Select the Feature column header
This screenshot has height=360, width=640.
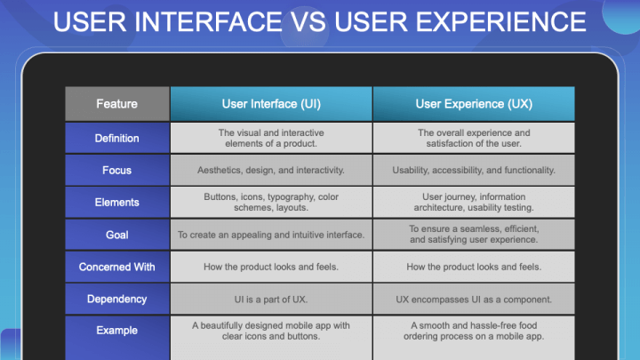click(x=116, y=104)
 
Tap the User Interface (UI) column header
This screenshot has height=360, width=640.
click(x=270, y=104)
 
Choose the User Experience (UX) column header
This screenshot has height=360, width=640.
click(x=473, y=104)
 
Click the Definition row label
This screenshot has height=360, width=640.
click(x=116, y=138)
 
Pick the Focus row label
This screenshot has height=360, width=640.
click(x=116, y=170)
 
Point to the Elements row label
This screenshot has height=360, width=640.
click(x=116, y=202)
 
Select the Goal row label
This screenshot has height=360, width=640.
click(x=116, y=235)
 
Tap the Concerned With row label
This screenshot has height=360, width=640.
click(x=116, y=267)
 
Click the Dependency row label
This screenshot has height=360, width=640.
click(x=116, y=299)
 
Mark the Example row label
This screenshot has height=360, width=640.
click(x=116, y=331)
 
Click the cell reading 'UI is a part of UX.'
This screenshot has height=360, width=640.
click(x=270, y=299)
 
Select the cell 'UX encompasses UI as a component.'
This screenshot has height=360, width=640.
click(x=473, y=299)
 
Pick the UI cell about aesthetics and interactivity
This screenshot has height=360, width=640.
click(x=270, y=170)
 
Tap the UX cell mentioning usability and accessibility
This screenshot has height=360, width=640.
click(x=473, y=170)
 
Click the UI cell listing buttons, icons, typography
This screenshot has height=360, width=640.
click(x=270, y=202)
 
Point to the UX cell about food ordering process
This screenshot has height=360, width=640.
click(x=473, y=331)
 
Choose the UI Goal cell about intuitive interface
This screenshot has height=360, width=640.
click(x=270, y=235)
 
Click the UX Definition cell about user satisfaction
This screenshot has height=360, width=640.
click(x=473, y=138)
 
